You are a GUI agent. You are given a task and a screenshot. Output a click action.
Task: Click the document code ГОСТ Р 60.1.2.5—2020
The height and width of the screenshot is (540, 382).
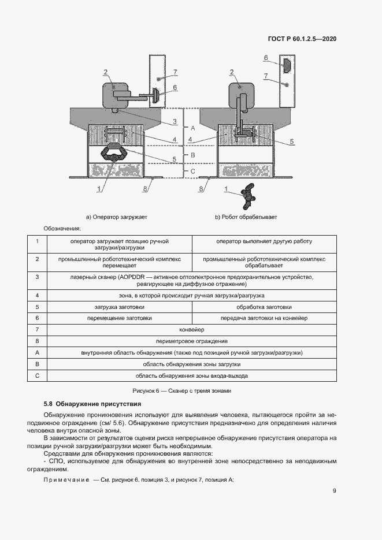(302, 39)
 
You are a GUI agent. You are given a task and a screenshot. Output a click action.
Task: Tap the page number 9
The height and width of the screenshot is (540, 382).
(335, 491)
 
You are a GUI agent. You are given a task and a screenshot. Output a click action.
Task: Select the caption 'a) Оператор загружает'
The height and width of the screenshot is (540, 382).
(117, 217)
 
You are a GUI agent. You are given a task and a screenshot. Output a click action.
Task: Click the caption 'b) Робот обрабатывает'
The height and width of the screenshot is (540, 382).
(246, 217)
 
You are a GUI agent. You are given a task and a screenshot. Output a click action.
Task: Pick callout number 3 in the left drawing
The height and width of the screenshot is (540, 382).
(174, 122)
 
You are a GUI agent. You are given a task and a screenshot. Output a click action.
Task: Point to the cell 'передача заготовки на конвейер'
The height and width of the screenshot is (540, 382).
(264, 318)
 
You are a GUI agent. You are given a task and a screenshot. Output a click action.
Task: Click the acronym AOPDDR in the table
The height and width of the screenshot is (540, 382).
(135, 277)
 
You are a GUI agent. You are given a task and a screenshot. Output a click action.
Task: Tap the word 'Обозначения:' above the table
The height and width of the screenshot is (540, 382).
(62, 229)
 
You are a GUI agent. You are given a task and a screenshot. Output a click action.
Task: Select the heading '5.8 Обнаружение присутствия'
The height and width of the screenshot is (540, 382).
(92, 404)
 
